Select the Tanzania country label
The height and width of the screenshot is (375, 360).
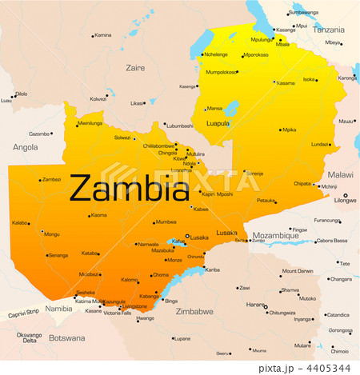click(x=328, y=29)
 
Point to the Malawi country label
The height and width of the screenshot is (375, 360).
click(x=340, y=174)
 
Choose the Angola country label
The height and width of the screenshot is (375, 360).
click(x=25, y=147)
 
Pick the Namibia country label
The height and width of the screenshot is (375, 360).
click(x=58, y=308)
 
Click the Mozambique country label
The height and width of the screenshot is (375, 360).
click(x=276, y=236)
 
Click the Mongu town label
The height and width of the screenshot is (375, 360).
click(x=51, y=234)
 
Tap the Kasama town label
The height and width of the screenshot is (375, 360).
click(x=286, y=83)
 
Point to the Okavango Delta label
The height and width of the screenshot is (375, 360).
click(x=29, y=337)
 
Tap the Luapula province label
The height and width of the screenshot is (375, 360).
click(x=218, y=123)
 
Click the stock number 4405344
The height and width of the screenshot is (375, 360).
click(x=330, y=367)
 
